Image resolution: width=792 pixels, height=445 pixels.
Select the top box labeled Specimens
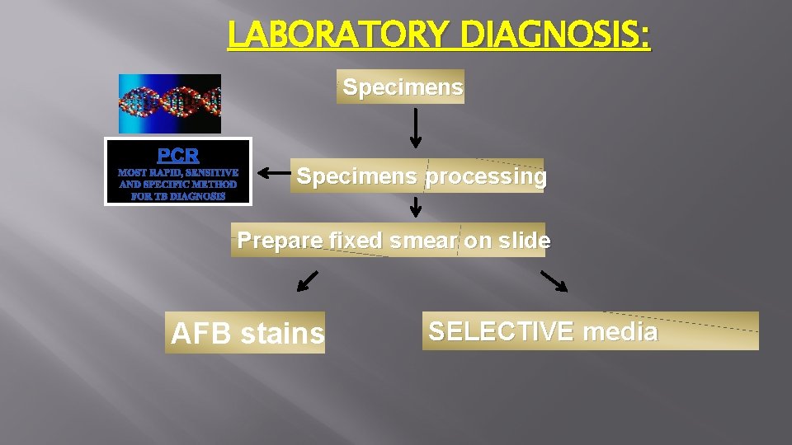[x=402, y=87]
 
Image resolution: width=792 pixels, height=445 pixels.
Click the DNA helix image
[x=170, y=104]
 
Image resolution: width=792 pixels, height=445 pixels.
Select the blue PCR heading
[x=178, y=155]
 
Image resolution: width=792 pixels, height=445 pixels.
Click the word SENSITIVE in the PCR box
[x=211, y=173]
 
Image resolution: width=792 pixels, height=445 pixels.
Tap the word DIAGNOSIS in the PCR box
[x=198, y=196]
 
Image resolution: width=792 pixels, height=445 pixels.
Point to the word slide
[x=524, y=241]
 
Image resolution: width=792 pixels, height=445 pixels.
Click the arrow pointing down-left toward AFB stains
[x=307, y=282]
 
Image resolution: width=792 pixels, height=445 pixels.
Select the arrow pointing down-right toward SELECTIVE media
[x=554, y=282]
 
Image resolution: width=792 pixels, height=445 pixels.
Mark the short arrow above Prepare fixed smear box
[x=416, y=206]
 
